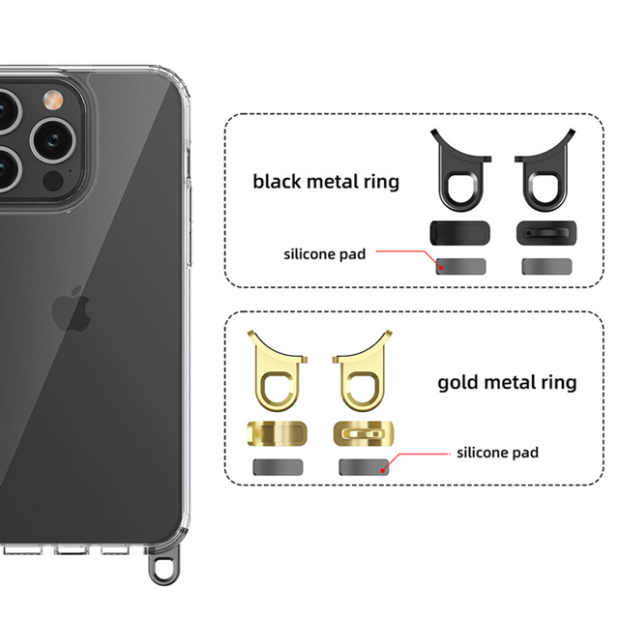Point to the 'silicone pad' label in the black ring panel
click(x=325, y=254)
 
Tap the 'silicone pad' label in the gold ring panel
click(x=497, y=452)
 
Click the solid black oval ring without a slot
click(x=458, y=233)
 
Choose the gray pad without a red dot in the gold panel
click(x=277, y=467)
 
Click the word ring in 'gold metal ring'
click(x=555, y=383)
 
